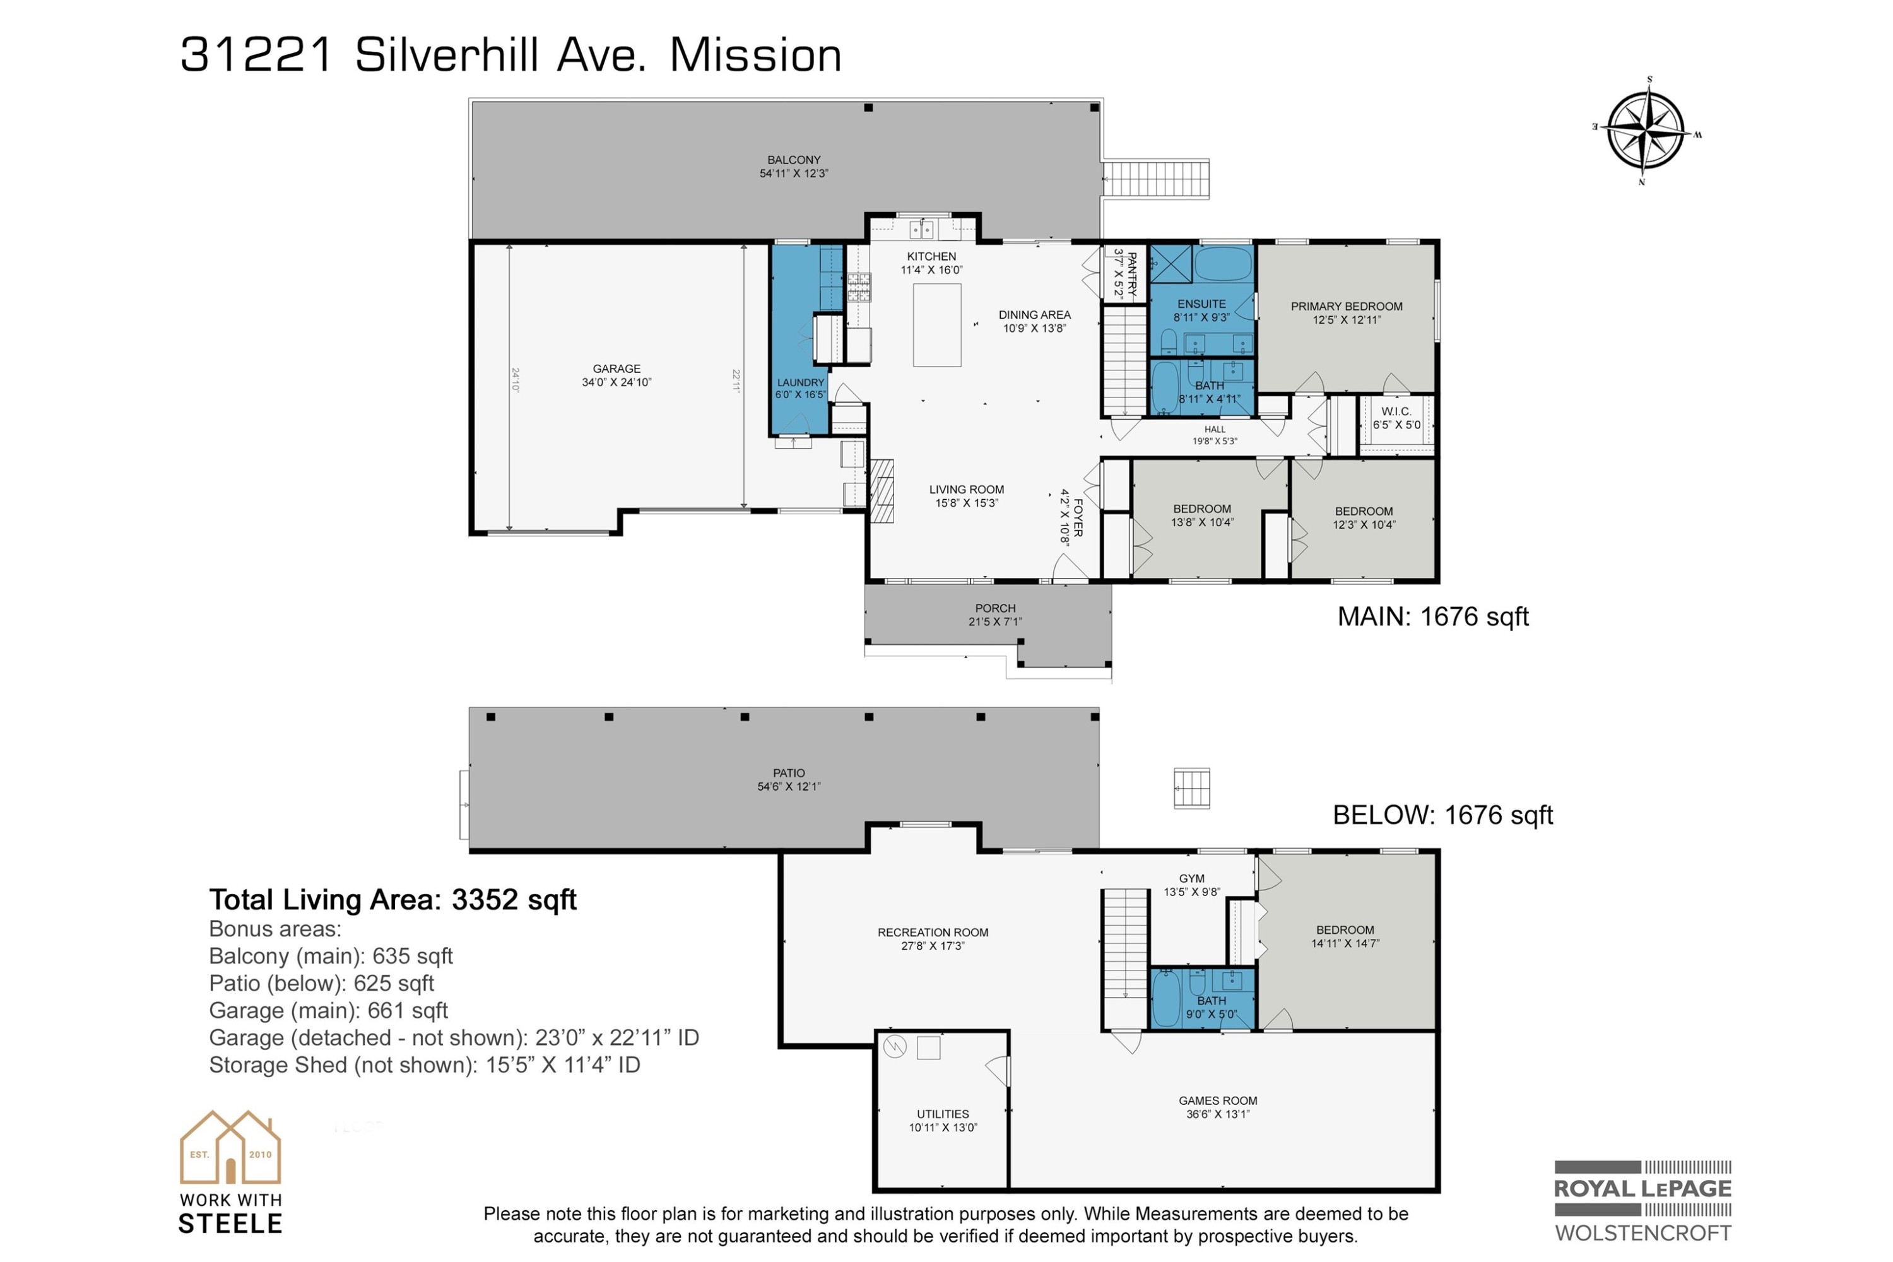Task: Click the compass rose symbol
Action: (x=1645, y=131)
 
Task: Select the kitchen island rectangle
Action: (x=937, y=325)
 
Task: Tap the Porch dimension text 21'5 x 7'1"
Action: (x=995, y=622)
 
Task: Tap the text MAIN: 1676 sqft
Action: (x=1432, y=617)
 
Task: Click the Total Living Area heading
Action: (x=392, y=900)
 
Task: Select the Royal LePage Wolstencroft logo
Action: (x=1642, y=1201)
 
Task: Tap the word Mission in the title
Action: (x=755, y=56)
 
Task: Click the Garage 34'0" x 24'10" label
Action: (x=616, y=375)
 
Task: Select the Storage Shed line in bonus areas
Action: (x=424, y=1066)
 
